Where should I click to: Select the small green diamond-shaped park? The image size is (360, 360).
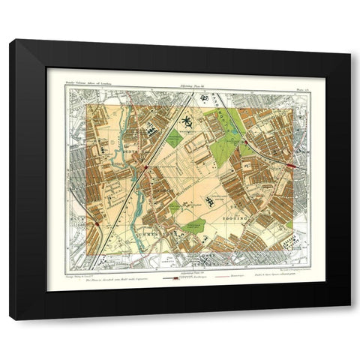pos(174,136)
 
